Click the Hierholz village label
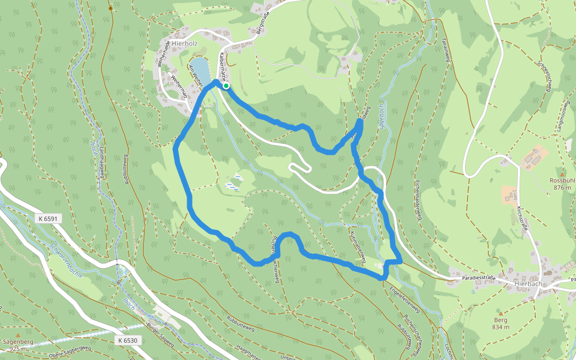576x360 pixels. point(184,43)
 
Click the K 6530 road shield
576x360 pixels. point(127,340)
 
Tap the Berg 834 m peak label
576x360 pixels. point(501,323)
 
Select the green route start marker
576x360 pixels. point(226,86)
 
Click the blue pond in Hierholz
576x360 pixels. point(201,71)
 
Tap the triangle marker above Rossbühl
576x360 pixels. point(562,173)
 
